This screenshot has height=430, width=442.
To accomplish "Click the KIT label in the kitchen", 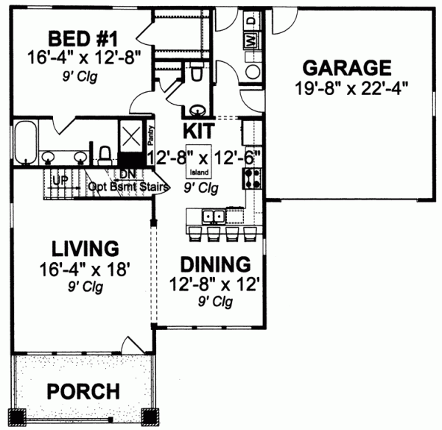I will (x=198, y=133).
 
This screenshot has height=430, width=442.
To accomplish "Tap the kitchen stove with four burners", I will (x=250, y=177).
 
